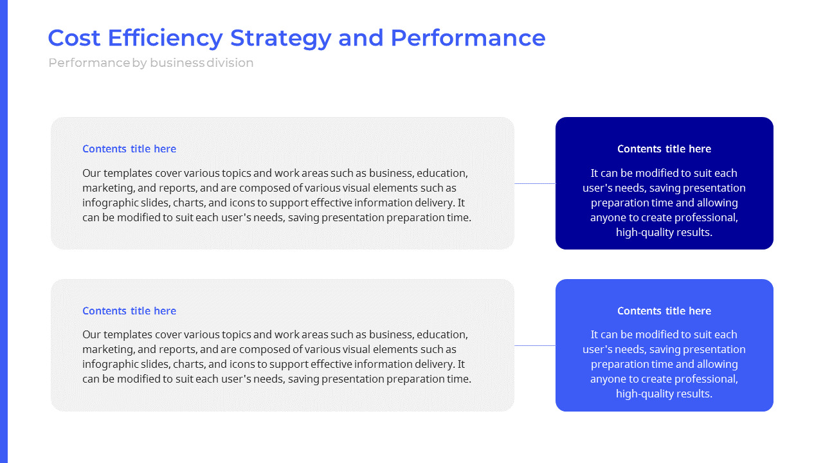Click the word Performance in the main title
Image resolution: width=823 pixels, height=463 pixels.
(467, 38)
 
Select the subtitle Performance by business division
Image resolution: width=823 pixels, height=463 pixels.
(150, 63)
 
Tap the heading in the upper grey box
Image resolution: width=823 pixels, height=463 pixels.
(129, 149)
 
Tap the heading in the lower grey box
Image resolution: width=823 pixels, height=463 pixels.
(129, 311)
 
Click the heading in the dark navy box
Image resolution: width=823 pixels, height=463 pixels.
(664, 149)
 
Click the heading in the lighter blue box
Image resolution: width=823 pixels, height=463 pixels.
(664, 311)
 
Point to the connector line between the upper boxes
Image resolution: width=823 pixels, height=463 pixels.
(535, 183)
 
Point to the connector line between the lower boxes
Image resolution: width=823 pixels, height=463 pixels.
(535, 345)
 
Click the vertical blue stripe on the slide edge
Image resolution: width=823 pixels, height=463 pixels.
(3, 232)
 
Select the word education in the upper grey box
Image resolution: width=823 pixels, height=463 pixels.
(442, 173)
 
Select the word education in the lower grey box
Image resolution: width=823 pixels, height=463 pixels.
(442, 334)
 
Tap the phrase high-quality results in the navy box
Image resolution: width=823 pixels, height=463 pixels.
(664, 232)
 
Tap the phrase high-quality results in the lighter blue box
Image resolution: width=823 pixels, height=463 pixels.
(664, 394)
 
